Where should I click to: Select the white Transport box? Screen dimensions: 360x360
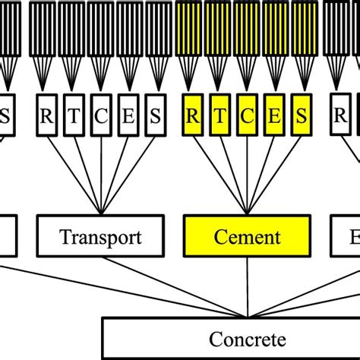pos(101,237)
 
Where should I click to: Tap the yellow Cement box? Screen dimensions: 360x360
pos(248,237)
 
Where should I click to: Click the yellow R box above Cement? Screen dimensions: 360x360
pos(193,118)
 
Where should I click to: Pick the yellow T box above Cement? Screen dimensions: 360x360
pos(220,118)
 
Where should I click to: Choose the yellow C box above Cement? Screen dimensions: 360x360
pos(248,118)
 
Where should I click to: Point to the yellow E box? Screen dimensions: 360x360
pos(275,118)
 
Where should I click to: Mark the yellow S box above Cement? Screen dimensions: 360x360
pos(302,118)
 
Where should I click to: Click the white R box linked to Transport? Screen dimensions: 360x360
pos(47,118)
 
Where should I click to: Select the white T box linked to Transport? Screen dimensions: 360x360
pos(74,118)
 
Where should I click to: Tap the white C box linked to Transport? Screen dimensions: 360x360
pos(101,118)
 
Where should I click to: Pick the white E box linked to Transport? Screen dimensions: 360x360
pos(128,118)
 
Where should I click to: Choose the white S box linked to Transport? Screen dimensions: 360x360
pos(156,118)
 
